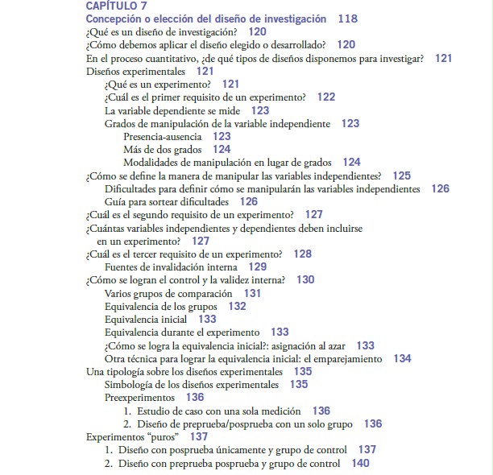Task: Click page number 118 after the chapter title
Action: [x=347, y=19]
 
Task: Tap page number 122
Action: [x=325, y=97]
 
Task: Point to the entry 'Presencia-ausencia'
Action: [x=163, y=137]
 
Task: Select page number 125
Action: [x=401, y=176]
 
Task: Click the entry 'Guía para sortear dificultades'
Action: [x=169, y=201]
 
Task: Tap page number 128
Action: [x=302, y=254]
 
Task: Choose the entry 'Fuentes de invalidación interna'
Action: [x=171, y=266]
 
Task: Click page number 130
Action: [x=305, y=280]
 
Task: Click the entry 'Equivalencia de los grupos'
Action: [x=164, y=307]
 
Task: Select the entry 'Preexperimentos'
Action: [x=139, y=398]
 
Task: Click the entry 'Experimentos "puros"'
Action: [x=132, y=436]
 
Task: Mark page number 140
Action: [x=360, y=463]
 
